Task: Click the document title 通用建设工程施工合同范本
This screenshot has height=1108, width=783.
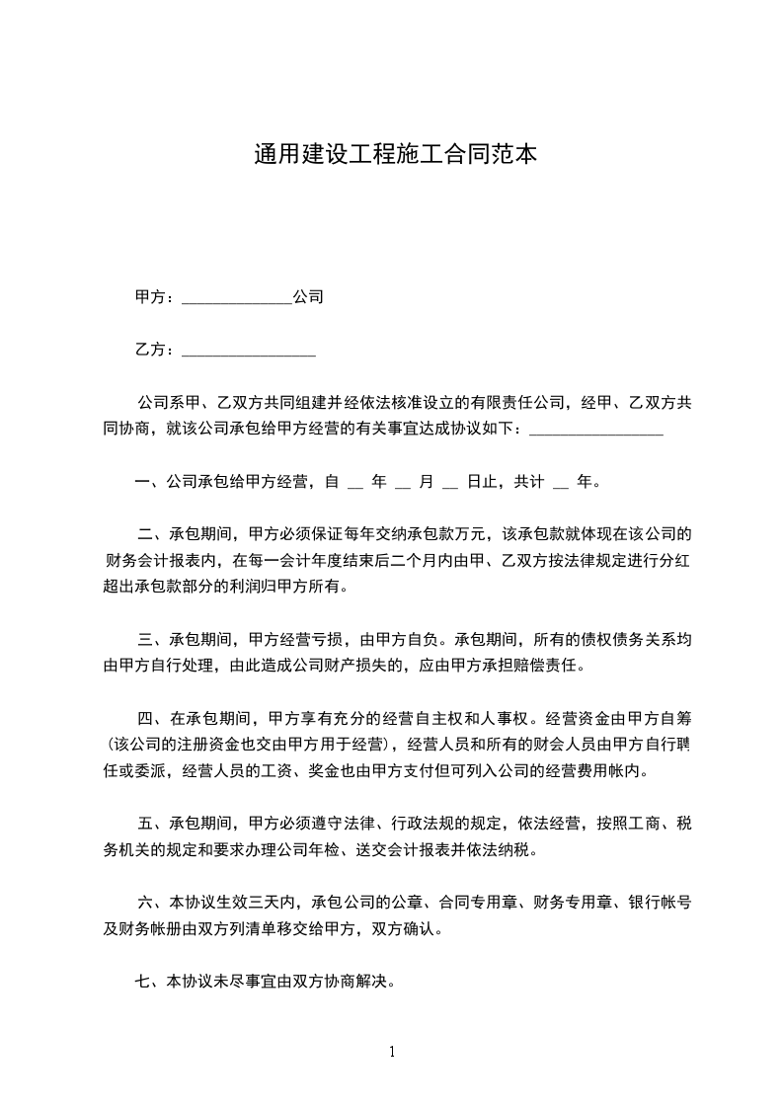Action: (395, 155)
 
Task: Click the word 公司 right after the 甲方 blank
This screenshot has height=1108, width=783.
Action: (308, 296)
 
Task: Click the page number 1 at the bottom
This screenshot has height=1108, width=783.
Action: (392, 1052)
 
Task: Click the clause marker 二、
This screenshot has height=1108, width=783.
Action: (154, 535)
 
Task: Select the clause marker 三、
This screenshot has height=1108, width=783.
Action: (154, 639)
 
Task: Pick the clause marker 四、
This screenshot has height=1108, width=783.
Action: (154, 717)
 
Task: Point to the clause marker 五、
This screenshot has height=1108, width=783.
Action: (154, 822)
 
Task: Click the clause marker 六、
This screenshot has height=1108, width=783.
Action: (154, 902)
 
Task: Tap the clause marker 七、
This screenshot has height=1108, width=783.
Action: (150, 982)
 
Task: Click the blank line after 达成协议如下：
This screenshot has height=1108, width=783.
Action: (596, 432)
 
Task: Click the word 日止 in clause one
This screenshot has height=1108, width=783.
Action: (482, 483)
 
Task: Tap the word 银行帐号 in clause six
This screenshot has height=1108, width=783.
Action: (659, 902)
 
